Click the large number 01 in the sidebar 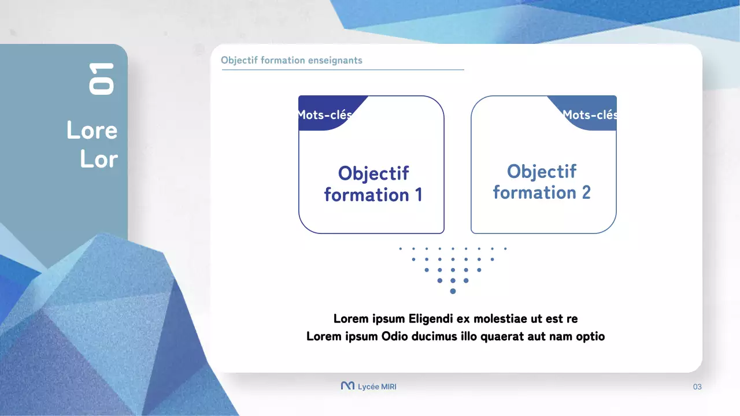tap(101, 79)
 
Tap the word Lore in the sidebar tap(92, 131)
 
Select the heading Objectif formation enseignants tap(291, 60)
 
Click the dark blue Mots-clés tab tap(325, 114)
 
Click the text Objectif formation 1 tap(373, 184)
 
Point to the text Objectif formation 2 tap(542, 182)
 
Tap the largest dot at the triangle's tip tap(453, 291)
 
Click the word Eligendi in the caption tap(431, 318)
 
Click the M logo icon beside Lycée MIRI tap(347, 386)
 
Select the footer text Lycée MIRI tap(377, 387)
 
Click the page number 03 tap(697, 387)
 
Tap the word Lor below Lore tap(99, 159)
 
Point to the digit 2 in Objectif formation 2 tap(586, 192)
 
